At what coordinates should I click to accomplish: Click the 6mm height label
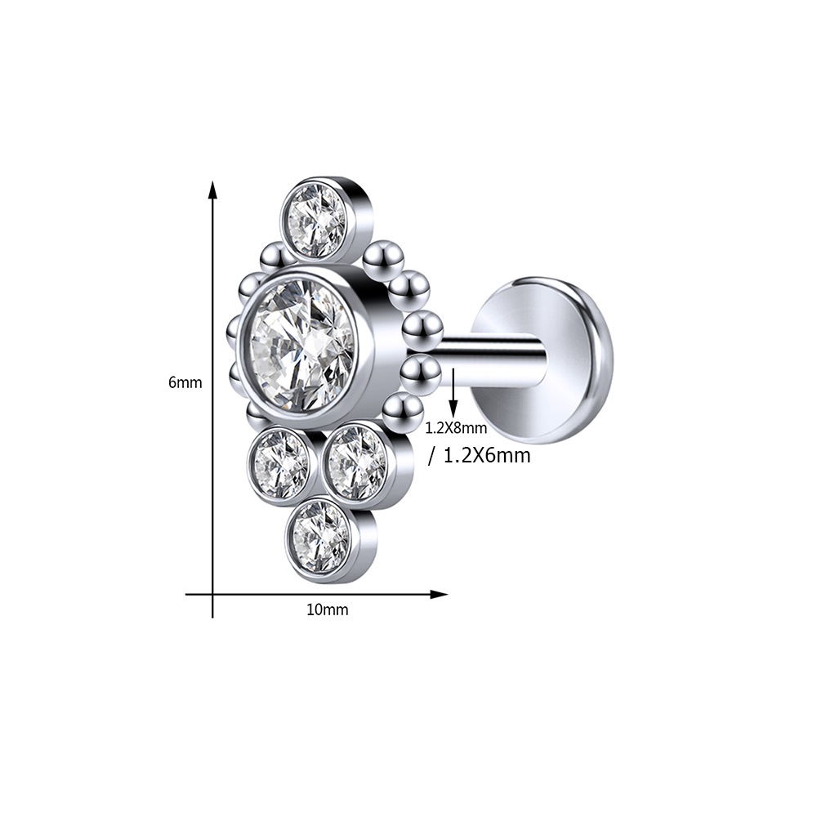pos(185,382)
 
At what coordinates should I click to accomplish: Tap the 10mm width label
pos(328,609)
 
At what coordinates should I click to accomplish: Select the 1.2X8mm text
pos(457,428)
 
